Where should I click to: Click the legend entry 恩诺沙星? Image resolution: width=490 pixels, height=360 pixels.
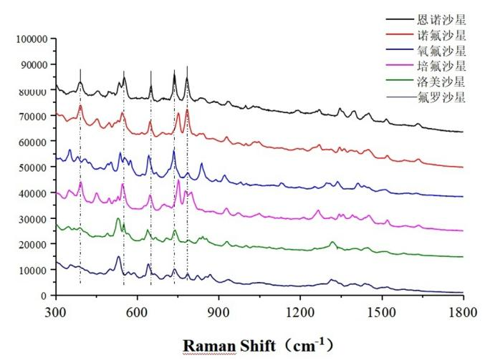click(441, 19)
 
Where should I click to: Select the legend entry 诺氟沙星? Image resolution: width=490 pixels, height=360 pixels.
click(441, 35)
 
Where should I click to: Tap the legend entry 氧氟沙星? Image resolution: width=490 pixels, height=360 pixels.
click(441, 51)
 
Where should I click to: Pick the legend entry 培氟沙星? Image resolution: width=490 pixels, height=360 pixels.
click(441, 67)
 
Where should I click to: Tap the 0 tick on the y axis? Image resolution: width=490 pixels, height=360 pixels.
click(44, 296)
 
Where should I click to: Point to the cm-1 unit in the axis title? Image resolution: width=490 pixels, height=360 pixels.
click(307, 344)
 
